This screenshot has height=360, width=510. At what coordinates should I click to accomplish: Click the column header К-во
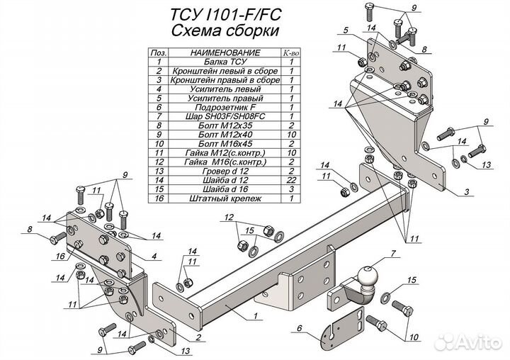coord(291,53)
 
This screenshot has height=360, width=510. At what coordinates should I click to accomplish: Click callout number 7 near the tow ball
coord(392,254)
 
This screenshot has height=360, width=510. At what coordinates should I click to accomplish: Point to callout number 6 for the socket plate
coord(300,327)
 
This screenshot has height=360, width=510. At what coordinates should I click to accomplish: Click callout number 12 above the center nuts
coord(229,216)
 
